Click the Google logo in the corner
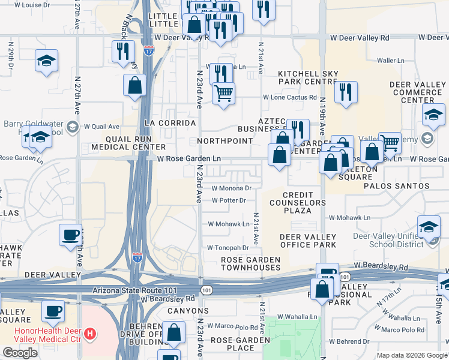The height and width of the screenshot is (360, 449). pyautogui.click(x=20, y=353)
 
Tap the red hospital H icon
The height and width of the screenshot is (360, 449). pyautogui.click(x=89, y=333)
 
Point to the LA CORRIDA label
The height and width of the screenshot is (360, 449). pyautogui.click(x=170, y=123)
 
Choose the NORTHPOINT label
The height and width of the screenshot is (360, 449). pyautogui.click(x=225, y=141)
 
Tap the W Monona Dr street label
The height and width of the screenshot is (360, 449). pyautogui.click(x=231, y=188)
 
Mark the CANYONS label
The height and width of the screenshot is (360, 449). pyautogui.click(x=189, y=311)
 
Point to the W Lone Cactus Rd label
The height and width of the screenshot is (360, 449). pyautogui.click(x=289, y=97)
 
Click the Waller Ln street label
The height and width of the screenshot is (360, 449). pyautogui.click(x=392, y=61)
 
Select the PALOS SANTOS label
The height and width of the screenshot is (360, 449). pyautogui.click(x=397, y=186)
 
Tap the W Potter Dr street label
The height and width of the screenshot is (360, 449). pyautogui.click(x=229, y=200)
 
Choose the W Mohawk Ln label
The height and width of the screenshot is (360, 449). pyautogui.click(x=228, y=224)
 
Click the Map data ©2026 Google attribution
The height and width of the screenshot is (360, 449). pyautogui.click(x=412, y=355)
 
